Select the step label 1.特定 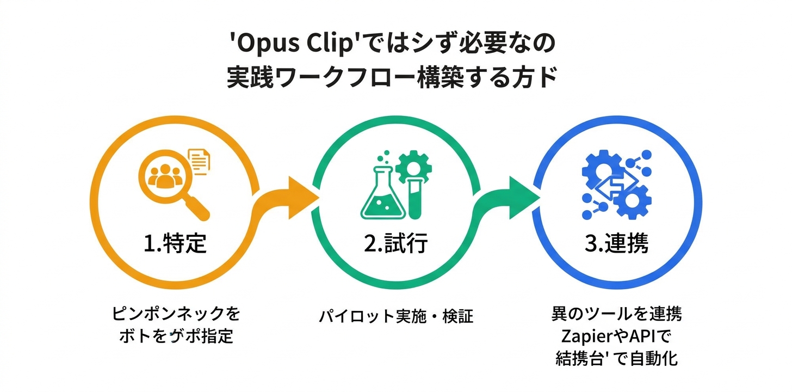pyautogui.click(x=175, y=243)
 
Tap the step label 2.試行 pyautogui.click(x=396, y=243)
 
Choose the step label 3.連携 pyautogui.click(x=616, y=243)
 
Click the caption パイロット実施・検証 pyautogui.click(x=396, y=316)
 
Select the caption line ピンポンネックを pyautogui.click(x=175, y=314)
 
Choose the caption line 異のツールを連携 pyautogui.click(x=616, y=314)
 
